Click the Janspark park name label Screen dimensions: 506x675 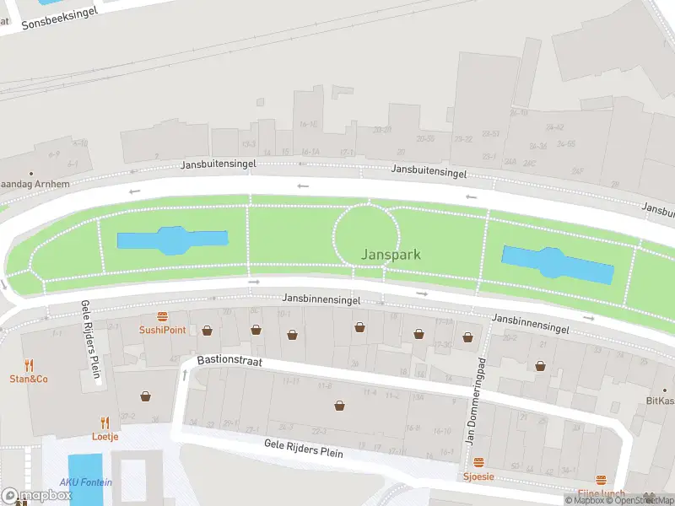point(391,254)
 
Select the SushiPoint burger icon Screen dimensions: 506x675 point(162,316)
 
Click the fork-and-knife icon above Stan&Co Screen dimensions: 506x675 point(29,365)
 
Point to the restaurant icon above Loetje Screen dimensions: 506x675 point(105,423)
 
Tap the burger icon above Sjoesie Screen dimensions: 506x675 point(478,462)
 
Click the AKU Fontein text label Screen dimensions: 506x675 point(85,482)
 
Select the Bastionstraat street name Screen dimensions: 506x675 point(229,360)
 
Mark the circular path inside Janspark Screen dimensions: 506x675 point(367,234)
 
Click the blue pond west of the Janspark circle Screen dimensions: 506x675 point(172,240)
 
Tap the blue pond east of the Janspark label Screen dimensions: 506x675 point(557,264)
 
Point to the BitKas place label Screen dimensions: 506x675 point(659,401)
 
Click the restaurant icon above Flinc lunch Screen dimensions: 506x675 point(601,479)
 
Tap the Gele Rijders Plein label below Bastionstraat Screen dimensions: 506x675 point(303,448)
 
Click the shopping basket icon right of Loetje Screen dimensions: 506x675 point(146,396)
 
